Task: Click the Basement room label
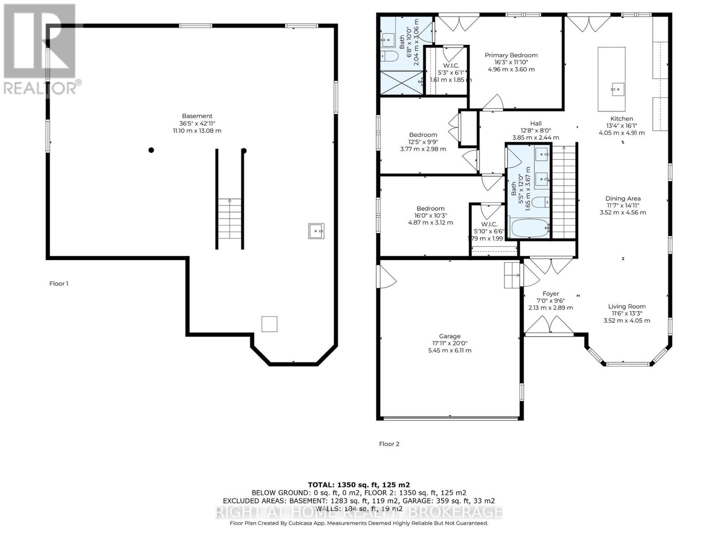(197, 116)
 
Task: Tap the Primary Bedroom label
(511, 55)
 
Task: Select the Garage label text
(450, 336)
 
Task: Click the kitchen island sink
(617, 89)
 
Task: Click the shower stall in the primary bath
(402, 83)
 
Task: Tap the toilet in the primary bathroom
(389, 57)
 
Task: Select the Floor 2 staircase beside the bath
(564, 193)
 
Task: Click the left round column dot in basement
(152, 150)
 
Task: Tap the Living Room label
(627, 307)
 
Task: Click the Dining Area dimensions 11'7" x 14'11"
(622, 205)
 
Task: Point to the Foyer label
(551, 294)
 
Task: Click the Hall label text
(536, 124)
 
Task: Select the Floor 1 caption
(59, 283)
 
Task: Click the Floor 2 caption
(389, 444)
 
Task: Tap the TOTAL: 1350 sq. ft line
(359, 485)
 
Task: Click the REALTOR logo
(40, 49)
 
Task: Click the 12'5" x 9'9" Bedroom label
(423, 135)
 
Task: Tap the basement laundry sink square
(316, 231)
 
